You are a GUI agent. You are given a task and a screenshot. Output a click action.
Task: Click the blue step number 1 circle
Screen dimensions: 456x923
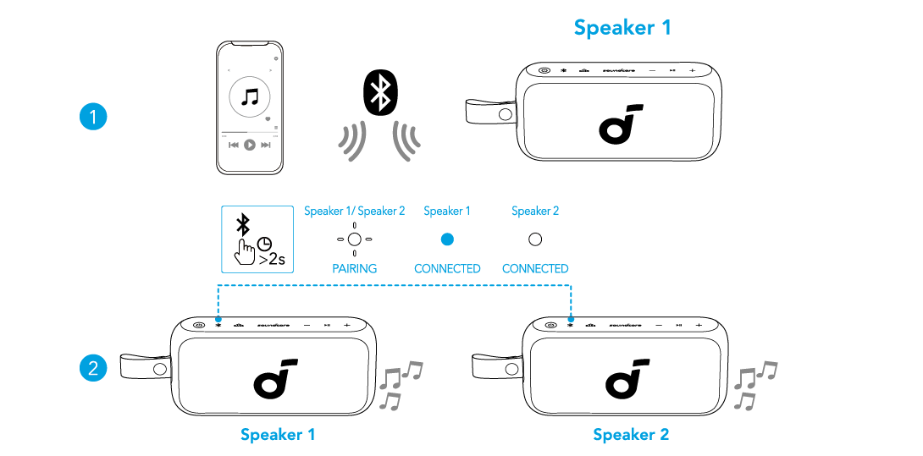coord(93,116)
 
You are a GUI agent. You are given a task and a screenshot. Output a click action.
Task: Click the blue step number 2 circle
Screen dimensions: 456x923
coord(93,368)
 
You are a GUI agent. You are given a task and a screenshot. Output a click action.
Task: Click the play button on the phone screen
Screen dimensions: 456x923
coord(249,145)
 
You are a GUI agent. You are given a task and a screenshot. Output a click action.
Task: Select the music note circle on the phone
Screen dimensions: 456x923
coord(249,97)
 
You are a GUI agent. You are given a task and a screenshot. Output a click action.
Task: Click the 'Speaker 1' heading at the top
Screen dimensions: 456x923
coord(622,27)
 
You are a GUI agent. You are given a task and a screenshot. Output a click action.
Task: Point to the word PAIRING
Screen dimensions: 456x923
coord(354,269)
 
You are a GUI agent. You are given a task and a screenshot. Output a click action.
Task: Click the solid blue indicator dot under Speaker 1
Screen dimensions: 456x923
coord(447,239)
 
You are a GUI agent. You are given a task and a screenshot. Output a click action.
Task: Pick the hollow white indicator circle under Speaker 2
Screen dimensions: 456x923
coord(535,239)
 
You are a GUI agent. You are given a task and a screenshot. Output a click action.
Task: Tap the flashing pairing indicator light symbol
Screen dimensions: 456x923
coord(355,239)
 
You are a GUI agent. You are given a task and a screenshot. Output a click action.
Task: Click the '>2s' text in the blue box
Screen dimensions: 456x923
coord(271,260)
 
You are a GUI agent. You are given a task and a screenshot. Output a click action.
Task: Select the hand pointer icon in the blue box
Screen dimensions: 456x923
coord(246,251)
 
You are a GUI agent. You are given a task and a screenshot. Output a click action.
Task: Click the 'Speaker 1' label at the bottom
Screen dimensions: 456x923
coord(278,435)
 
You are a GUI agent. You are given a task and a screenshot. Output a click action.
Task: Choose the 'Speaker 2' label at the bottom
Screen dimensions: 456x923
coord(631,435)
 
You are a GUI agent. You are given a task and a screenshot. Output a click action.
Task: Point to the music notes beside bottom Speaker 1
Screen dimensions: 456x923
coord(399,384)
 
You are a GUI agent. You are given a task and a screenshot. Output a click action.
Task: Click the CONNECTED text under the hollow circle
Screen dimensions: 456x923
coord(535,269)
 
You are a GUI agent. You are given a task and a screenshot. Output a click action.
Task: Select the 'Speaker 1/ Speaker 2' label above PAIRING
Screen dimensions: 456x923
coord(354,212)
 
